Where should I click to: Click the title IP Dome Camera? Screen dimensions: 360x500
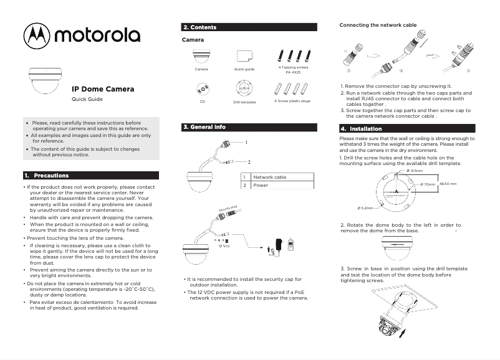(103, 89)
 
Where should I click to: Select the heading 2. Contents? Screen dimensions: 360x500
(200, 27)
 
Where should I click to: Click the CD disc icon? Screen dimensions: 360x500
(202, 88)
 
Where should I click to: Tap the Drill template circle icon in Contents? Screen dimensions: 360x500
(244, 88)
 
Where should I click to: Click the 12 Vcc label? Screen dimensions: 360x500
(224, 247)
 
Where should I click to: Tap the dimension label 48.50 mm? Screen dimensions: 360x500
(448, 184)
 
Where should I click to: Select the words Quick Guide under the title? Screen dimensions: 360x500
(87, 100)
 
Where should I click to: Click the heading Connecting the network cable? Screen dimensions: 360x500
(377, 25)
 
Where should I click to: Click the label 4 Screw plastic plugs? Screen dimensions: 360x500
(292, 100)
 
